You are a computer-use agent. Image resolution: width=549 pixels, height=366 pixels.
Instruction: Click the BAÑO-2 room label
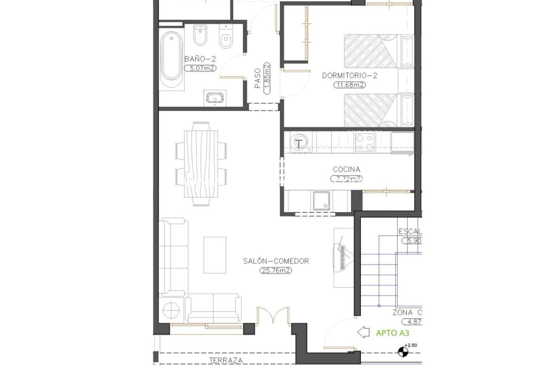(x=200, y=59)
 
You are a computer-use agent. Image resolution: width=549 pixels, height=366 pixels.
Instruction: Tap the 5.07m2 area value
(x=200, y=68)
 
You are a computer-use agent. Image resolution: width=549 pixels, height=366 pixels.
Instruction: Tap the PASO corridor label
(x=258, y=78)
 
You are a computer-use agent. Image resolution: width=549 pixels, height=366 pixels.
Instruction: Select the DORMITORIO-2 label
(x=350, y=76)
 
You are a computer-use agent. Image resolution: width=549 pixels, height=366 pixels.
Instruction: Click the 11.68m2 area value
(x=350, y=85)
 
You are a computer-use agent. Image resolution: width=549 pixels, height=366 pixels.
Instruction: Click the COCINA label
(x=346, y=170)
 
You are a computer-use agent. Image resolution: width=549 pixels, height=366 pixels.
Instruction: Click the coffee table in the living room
(x=215, y=255)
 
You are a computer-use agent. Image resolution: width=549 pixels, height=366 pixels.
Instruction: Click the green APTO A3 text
(x=392, y=333)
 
